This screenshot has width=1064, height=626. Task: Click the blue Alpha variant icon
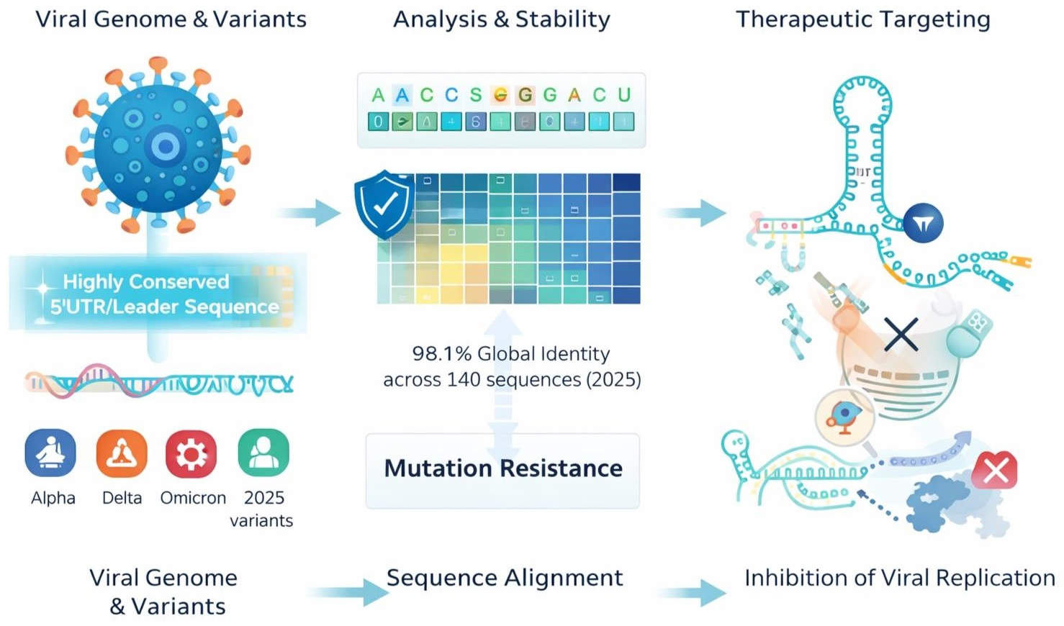coord(50,453)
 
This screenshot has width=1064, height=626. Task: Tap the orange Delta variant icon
coord(122,453)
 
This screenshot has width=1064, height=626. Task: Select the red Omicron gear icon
coord(191,453)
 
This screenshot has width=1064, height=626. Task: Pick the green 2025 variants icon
coord(263,453)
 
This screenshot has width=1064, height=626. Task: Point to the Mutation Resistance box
coord(502,470)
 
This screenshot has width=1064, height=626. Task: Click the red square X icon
coord(994,471)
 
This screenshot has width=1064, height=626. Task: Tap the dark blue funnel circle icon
coord(923,224)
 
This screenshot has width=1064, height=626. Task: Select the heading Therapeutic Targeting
coord(862,19)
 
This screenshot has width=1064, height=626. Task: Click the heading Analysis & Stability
coord(501,19)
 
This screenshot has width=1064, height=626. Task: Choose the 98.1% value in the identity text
coord(441,354)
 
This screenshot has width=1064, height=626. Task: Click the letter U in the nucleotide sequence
coord(624,95)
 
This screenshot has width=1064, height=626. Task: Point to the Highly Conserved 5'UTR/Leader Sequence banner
coord(158,294)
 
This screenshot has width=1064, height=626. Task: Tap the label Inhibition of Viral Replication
coord(899,578)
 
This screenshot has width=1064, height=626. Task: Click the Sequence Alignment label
coord(505,578)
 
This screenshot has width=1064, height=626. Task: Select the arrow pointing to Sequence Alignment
coord(348,592)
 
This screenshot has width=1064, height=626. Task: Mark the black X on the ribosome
coord(901,335)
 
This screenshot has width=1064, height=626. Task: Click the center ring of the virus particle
coord(166,147)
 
